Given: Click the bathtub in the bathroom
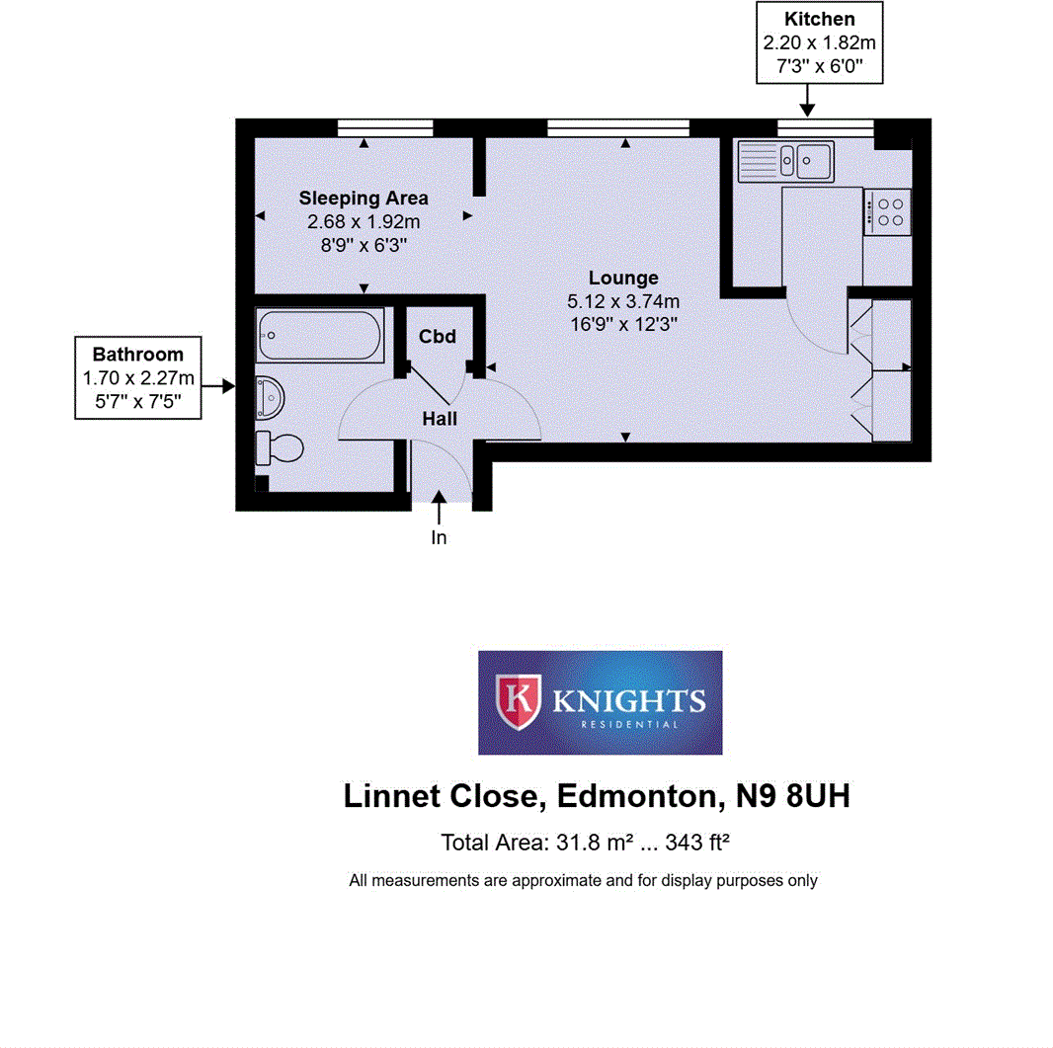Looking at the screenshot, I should click(318, 336).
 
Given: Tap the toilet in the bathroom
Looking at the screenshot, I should click(278, 447).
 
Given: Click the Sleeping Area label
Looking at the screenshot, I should click(364, 198).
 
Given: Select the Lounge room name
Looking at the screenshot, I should click(623, 278).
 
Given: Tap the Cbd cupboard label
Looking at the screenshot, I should click(438, 337).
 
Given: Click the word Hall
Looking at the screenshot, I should click(440, 419).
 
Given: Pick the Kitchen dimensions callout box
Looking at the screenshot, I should click(819, 42).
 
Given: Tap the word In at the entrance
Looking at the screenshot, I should click(439, 538).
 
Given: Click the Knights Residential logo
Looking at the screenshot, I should click(600, 702).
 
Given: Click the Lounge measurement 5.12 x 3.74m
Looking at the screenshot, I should click(622, 301).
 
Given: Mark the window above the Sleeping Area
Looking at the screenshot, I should click(384, 127).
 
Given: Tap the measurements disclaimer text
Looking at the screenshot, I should click(583, 880).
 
